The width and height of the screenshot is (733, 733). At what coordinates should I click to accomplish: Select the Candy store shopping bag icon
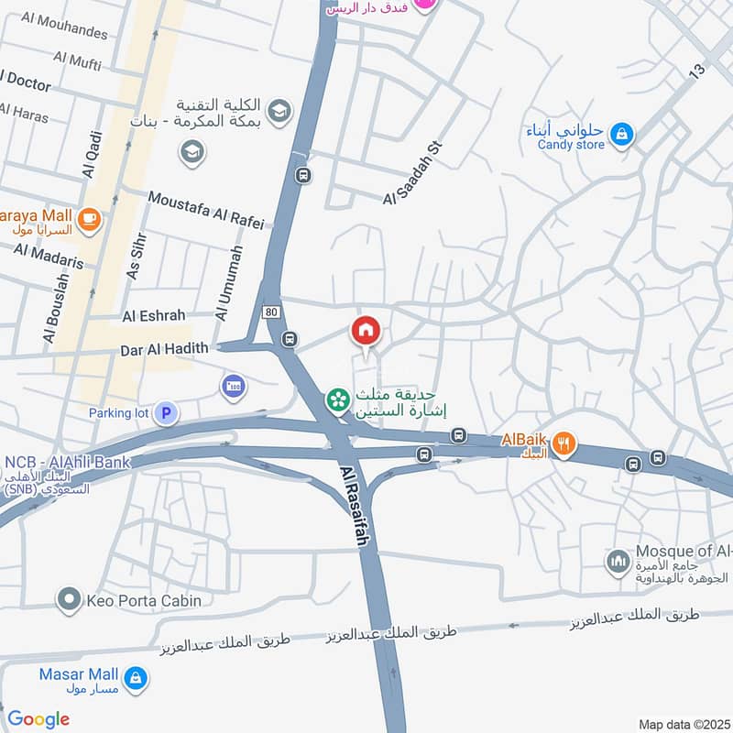point(622,135)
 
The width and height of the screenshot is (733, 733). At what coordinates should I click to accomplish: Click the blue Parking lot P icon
point(165,413)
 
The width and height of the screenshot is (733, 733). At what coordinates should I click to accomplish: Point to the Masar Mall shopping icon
point(136,678)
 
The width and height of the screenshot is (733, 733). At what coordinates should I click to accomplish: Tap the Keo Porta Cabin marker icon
point(69,601)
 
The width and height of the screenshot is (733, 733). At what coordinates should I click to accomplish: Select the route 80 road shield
point(269,312)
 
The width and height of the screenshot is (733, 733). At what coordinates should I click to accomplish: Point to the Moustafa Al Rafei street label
point(205,210)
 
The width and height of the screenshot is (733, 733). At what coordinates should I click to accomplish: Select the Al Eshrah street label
point(154,315)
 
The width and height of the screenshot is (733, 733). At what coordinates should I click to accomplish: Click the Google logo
point(38,719)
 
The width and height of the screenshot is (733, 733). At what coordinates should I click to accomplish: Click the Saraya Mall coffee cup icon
point(89,218)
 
